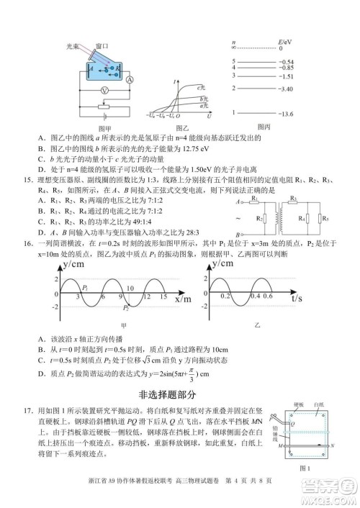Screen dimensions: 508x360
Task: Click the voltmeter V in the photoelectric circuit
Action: coord(104,91)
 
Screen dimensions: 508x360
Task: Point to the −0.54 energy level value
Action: coord(287,63)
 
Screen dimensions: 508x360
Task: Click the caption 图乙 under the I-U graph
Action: coord(182,127)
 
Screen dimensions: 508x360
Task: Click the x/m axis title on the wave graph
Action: coord(171,297)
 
